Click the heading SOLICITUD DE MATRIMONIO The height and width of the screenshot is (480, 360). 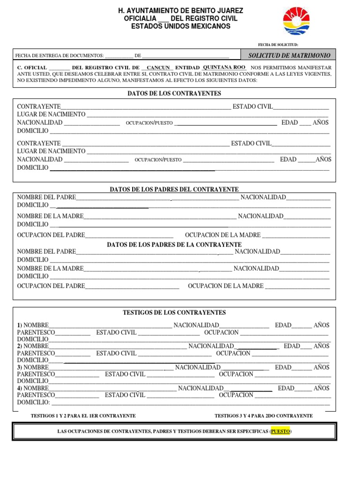[x=289, y=55]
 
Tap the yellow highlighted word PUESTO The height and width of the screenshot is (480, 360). [x=280, y=431]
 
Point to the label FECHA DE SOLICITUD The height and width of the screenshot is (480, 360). [x=278, y=44]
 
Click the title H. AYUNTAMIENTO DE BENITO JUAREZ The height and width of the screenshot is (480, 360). [x=180, y=10]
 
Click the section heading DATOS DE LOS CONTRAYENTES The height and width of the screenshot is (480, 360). [x=174, y=94]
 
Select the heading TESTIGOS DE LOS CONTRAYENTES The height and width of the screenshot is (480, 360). [x=174, y=313]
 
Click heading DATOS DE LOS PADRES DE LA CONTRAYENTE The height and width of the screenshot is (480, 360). [x=174, y=245]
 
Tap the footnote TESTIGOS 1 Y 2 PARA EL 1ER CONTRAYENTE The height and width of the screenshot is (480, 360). [x=83, y=416]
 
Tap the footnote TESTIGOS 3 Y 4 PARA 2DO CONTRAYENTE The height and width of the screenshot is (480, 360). [x=263, y=416]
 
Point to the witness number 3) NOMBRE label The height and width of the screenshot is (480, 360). [x=33, y=367]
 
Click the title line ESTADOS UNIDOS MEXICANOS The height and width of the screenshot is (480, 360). [x=180, y=26]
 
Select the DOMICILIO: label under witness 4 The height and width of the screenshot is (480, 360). [x=33, y=402]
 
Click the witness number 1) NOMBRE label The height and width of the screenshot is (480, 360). [x=33, y=325]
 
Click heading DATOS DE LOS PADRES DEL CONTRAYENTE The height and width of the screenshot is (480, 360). [x=174, y=189]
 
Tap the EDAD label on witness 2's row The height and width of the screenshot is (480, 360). [x=292, y=346]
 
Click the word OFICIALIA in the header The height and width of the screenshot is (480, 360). [x=140, y=18]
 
